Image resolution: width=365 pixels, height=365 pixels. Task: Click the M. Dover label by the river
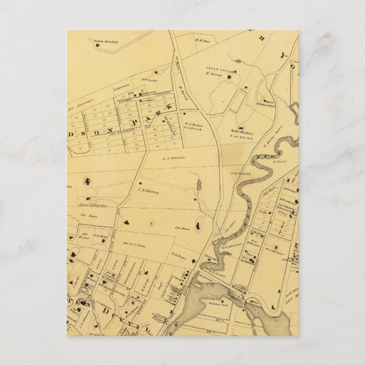coord(277,161)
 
